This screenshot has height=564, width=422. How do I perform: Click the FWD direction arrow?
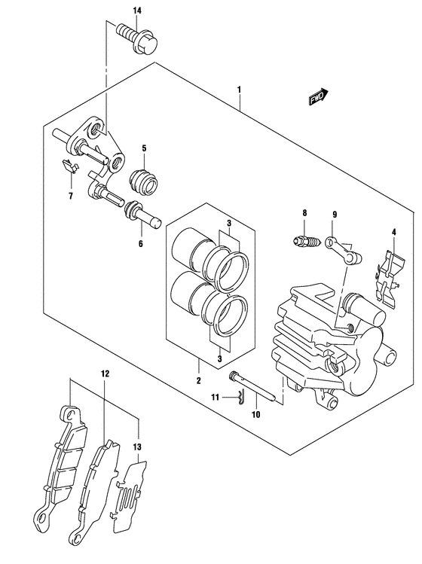(319, 96)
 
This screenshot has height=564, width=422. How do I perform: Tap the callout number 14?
(137, 11)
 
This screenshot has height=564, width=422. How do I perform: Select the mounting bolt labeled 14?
(137, 38)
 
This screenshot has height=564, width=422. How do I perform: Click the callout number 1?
(239, 89)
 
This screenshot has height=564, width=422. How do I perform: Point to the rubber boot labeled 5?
(144, 180)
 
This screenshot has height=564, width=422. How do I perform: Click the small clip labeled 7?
(69, 166)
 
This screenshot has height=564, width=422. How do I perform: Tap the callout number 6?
(140, 244)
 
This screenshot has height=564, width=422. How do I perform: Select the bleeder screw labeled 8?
(304, 240)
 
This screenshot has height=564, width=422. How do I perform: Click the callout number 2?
(198, 380)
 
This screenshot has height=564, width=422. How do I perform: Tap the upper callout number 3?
(228, 224)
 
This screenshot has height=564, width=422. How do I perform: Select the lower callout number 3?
(219, 358)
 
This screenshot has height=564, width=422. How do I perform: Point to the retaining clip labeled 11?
(242, 398)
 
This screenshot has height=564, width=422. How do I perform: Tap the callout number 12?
(105, 374)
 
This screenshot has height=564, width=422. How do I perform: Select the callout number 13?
(137, 447)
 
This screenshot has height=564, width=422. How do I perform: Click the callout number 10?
(255, 414)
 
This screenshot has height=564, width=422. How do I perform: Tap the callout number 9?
(335, 215)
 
